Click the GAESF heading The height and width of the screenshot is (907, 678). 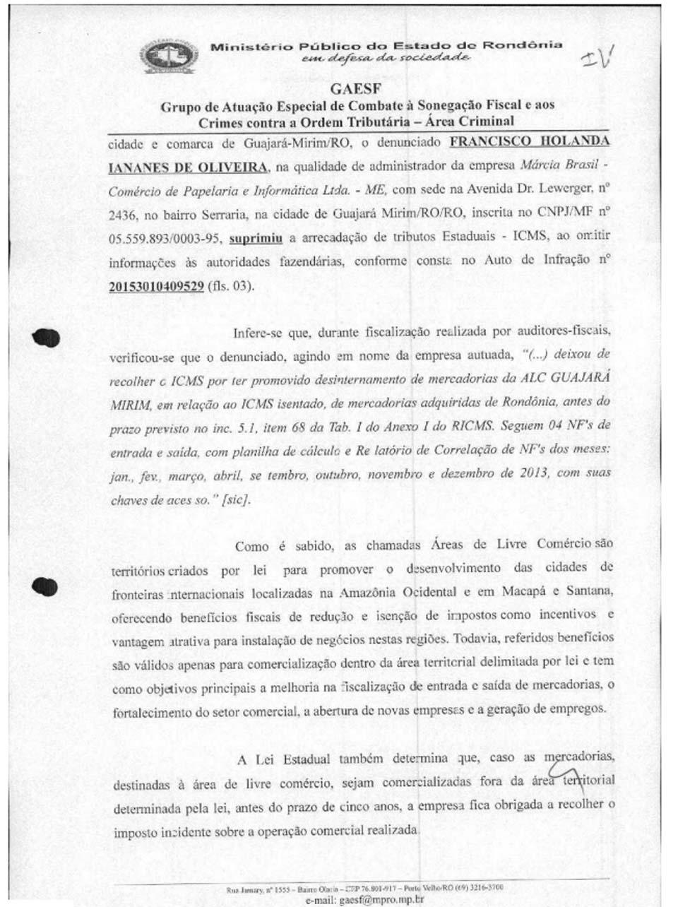pos(356,89)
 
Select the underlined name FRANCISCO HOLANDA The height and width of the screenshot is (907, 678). pos(529,141)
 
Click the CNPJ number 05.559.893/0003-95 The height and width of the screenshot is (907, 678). pos(166,238)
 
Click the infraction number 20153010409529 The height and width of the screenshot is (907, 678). pos(156,286)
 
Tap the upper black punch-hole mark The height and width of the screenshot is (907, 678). pos(46,338)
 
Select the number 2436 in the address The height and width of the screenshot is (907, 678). pos(122,214)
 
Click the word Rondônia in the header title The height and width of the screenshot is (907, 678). pos(523,45)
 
